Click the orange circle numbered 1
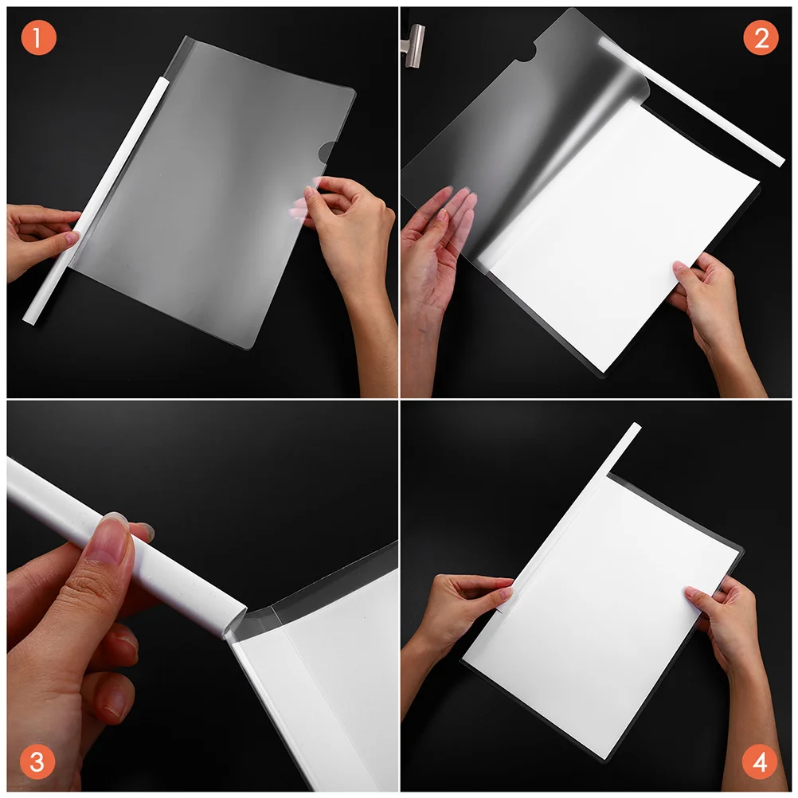coord(38,38)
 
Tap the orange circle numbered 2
coord(760,38)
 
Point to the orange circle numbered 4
coord(760,761)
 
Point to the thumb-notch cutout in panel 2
coord(523,55)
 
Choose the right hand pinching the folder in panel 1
coord(350,231)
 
